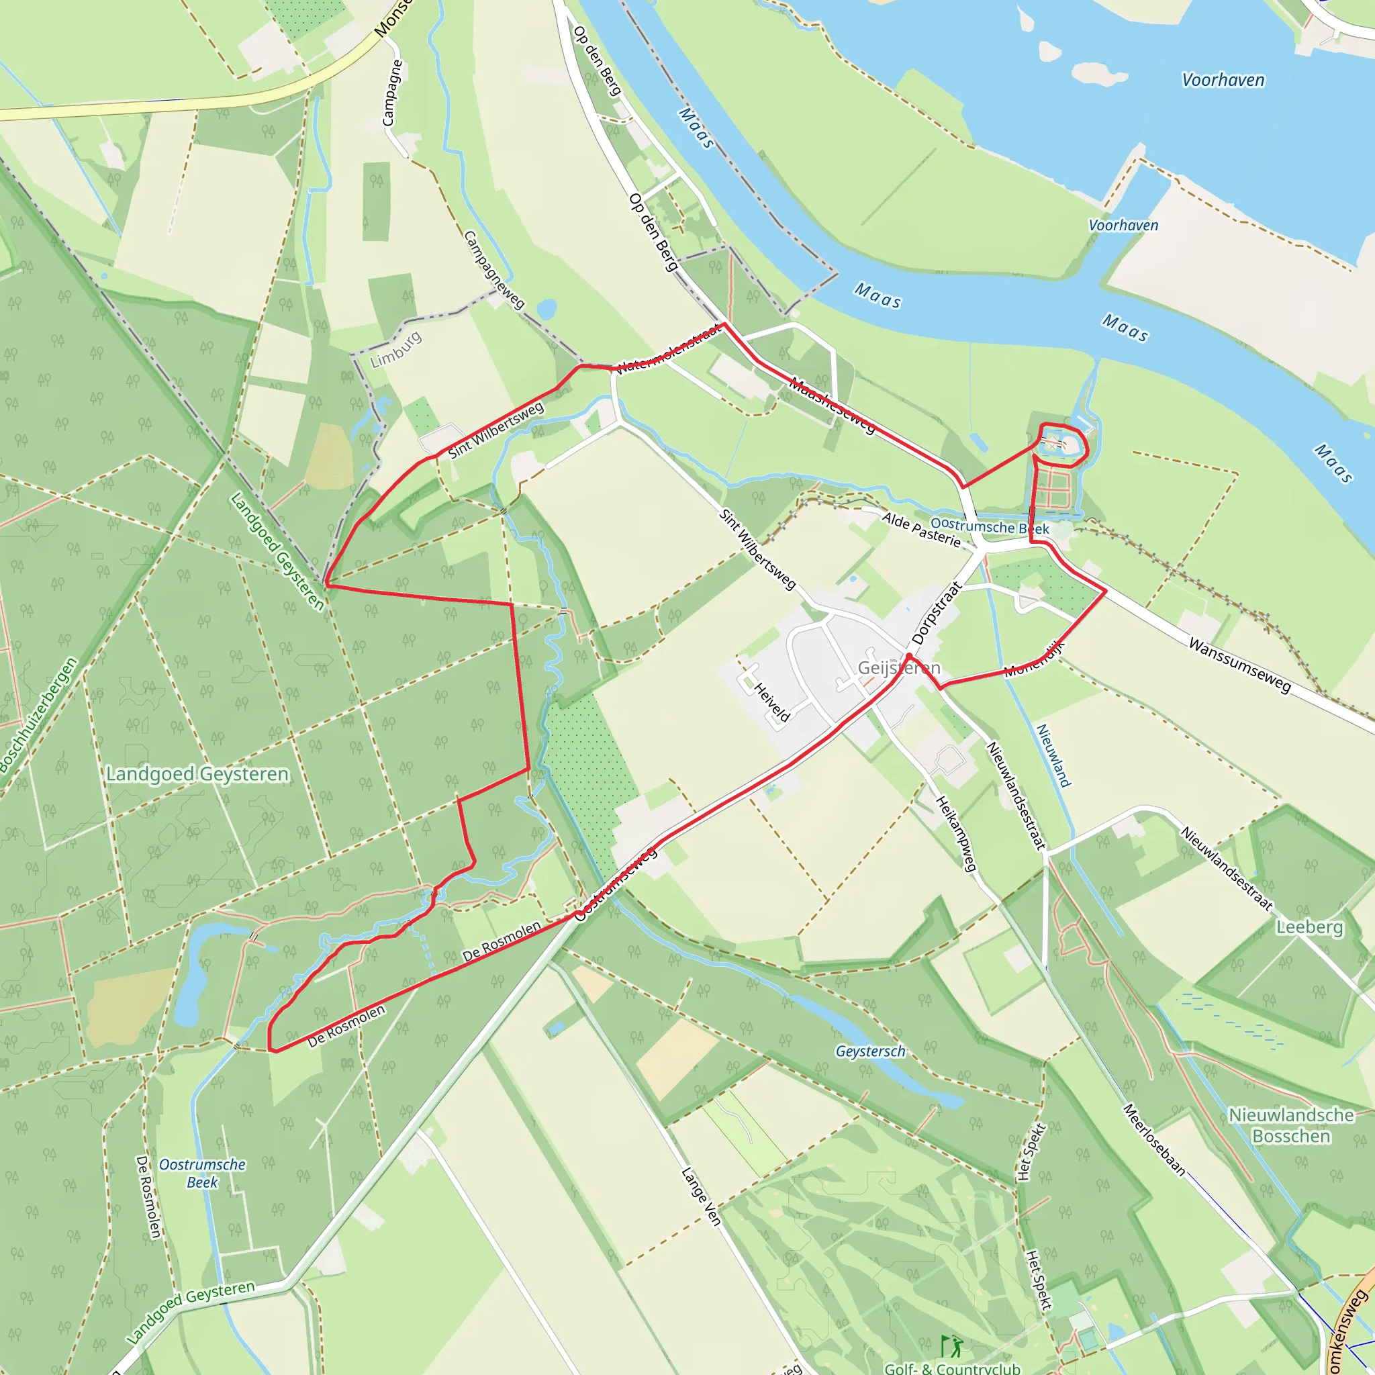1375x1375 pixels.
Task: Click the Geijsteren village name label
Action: click(899, 667)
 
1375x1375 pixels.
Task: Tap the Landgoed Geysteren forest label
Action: click(197, 773)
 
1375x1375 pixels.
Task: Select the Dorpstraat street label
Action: click(937, 613)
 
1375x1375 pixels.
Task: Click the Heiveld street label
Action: click(771, 702)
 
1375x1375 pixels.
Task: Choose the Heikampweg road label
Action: click(955, 833)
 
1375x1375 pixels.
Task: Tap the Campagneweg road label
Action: click(493, 269)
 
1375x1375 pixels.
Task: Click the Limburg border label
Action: click(395, 349)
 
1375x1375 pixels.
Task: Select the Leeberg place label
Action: click(1309, 927)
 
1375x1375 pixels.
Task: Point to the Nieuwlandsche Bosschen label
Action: click(1291, 1125)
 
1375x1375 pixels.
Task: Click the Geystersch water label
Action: click(870, 1051)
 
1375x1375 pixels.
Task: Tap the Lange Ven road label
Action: click(701, 1196)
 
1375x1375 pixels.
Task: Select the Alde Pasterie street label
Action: click(921, 530)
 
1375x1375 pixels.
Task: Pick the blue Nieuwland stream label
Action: click(1053, 755)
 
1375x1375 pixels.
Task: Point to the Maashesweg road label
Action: click(832, 406)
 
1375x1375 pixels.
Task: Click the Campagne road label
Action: click(392, 93)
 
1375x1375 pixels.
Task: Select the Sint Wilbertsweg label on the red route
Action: click(495, 429)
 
